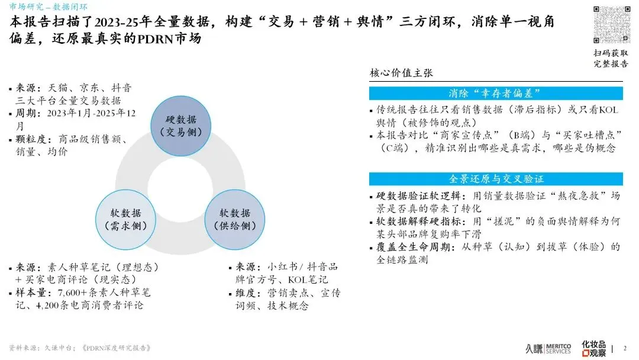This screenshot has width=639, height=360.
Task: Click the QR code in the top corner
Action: click(x=611, y=24)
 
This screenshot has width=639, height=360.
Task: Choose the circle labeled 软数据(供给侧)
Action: click(x=234, y=219)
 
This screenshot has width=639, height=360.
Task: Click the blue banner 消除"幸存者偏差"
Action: click(x=495, y=94)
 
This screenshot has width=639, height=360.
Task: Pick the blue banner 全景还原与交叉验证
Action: click(x=495, y=179)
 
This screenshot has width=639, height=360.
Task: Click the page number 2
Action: click(x=625, y=348)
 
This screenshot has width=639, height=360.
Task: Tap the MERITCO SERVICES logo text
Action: click(x=557, y=348)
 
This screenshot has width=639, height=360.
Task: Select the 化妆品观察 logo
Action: click(x=594, y=348)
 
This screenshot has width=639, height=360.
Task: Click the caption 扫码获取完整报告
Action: click(x=611, y=58)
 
